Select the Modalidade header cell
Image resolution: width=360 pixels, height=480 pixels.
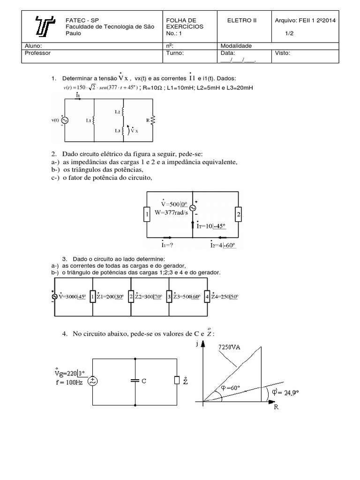tap(236, 46)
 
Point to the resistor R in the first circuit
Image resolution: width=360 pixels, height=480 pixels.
tap(152, 120)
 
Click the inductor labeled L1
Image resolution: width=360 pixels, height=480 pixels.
tap(94, 120)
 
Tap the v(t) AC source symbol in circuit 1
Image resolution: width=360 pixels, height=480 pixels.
tap(64, 120)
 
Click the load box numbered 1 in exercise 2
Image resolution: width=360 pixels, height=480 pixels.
tap(147, 215)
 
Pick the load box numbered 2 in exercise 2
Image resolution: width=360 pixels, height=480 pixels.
tap(238, 215)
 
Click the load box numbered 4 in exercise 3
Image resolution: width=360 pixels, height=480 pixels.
tap(207, 296)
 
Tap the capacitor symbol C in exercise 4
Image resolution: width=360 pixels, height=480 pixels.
tap(135, 381)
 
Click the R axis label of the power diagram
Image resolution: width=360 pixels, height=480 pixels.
tap(276, 408)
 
